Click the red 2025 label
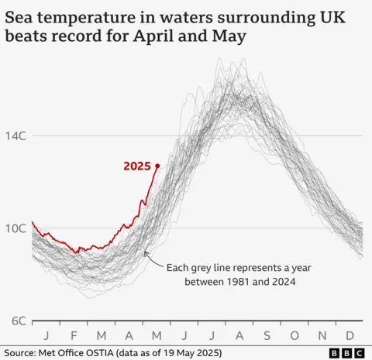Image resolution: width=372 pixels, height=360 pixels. coord(137,166)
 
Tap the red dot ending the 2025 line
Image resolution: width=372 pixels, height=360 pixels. coord(157,166)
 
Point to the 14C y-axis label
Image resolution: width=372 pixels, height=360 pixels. coord(18,135)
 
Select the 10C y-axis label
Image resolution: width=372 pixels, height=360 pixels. coord(18,228)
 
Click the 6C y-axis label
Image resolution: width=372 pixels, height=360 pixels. coord(18,320)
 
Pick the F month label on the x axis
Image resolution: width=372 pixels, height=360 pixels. coord(74,335)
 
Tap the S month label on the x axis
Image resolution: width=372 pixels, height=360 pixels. coord(267,335)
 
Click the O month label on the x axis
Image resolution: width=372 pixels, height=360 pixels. coord(295,335)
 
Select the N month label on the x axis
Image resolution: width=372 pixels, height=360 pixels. coord(323,335)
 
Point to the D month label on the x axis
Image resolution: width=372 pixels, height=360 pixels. coord(350,335)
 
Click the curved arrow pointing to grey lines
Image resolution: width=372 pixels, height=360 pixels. coord(153,260)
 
